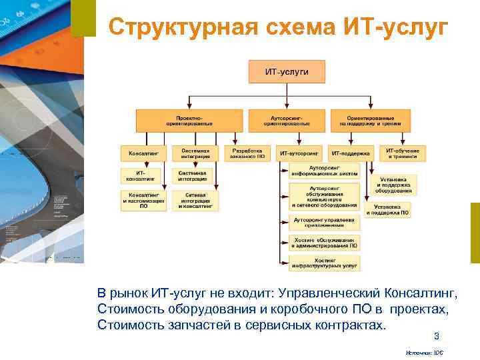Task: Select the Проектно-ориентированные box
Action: tap(190, 120)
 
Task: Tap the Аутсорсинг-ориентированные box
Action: tap(287, 120)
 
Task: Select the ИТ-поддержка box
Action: tap(351, 153)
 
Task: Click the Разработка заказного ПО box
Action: tap(247, 153)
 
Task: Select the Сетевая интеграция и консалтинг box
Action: tap(195, 201)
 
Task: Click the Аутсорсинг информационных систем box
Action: tap(325, 171)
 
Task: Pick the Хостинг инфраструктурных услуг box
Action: tap(325, 263)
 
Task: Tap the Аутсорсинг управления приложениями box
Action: tap(325, 221)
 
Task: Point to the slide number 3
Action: tap(437, 336)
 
